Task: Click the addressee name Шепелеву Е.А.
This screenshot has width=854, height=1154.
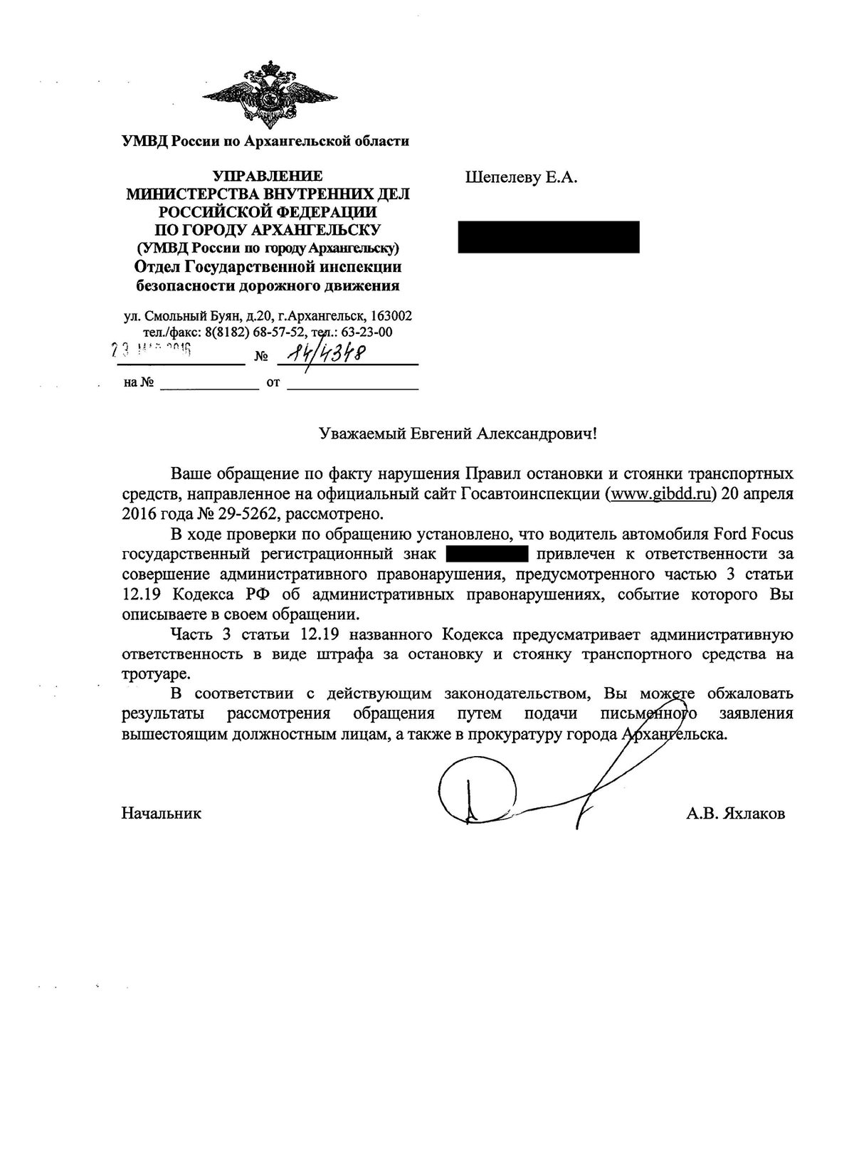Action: tap(521, 177)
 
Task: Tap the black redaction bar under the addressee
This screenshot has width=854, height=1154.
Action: tap(548, 237)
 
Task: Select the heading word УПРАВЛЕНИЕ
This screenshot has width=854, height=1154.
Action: tap(268, 176)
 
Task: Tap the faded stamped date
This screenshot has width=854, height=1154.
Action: tap(152, 350)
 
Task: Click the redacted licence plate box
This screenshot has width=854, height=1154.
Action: tap(486, 553)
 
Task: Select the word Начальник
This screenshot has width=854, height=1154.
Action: tap(162, 813)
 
